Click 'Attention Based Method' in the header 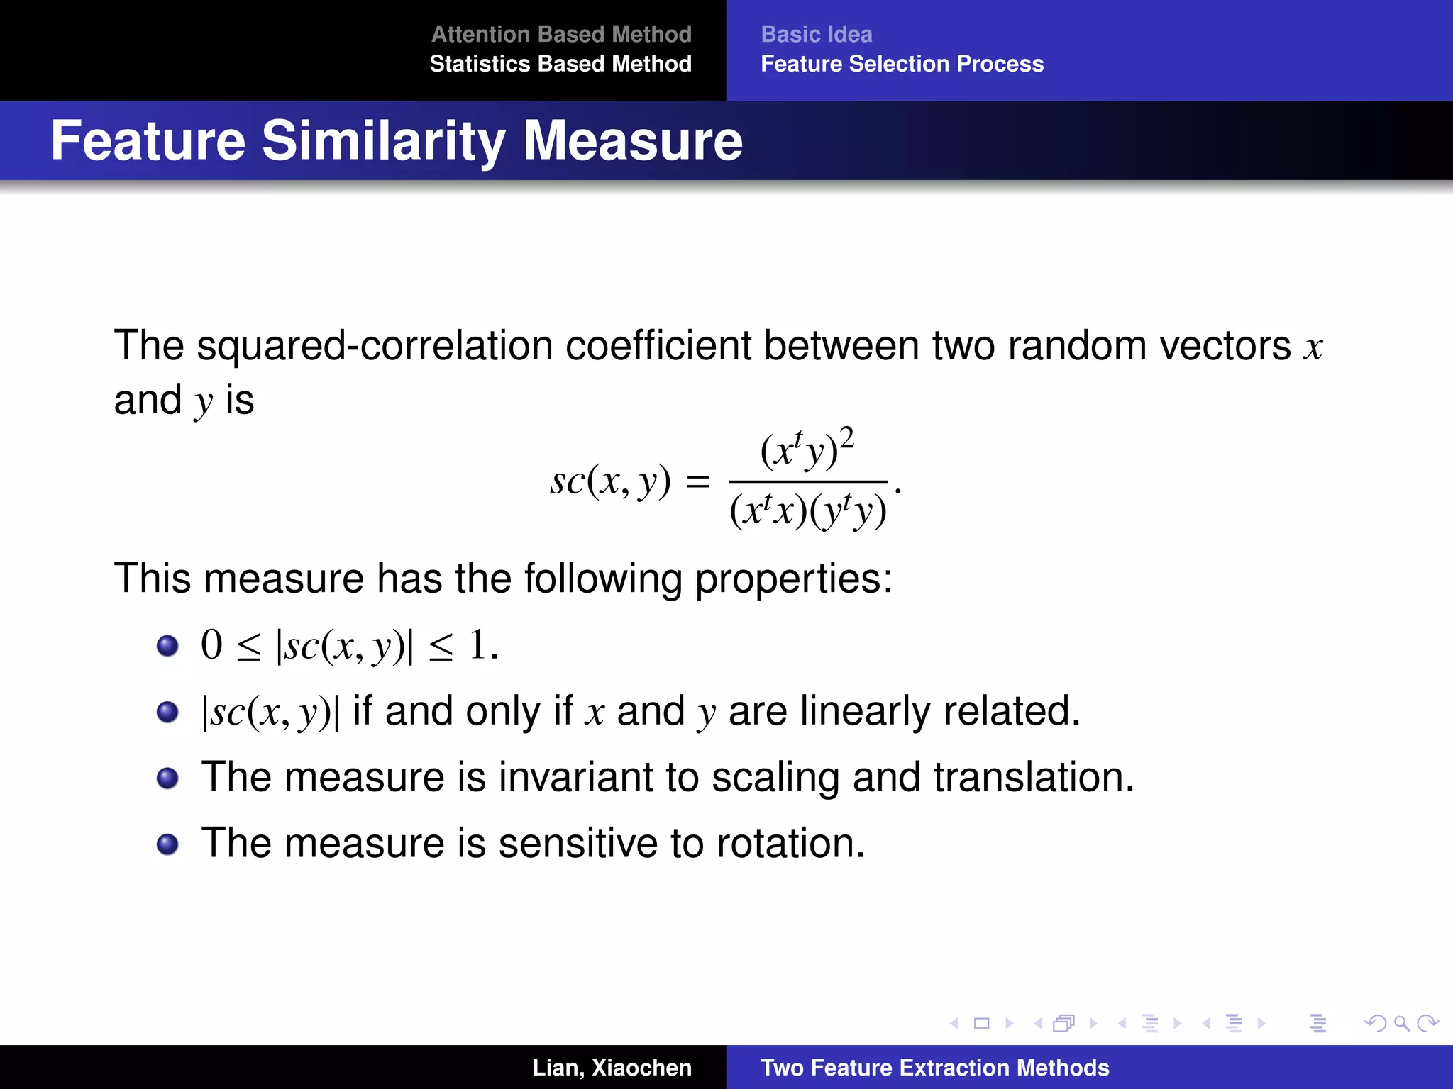[561, 34]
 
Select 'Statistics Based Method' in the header [560, 64]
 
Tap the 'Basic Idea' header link [816, 34]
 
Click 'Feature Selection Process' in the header [902, 64]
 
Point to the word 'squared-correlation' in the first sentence [374, 346]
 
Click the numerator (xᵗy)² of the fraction [807, 449]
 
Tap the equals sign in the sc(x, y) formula [697, 482]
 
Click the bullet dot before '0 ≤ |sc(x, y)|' [167, 646]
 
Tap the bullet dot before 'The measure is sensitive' [167, 844]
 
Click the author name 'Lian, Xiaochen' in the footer [612, 1068]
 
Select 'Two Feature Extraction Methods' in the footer [934, 1068]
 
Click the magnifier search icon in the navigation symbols [1401, 1023]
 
